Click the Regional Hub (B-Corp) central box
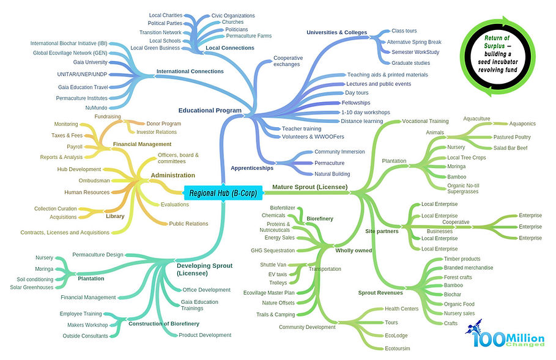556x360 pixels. pyautogui.click(x=223, y=193)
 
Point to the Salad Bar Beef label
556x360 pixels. pyautogui.click(x=510, y=148)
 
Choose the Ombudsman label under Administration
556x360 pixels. pyautogui.click(x=94, y=181)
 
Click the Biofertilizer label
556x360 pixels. pyautogui.click(x=283, y=208)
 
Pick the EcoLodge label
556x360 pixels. pyautogui.click(x=397, y=336)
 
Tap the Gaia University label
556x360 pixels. pyautogui.click(x=90, y=62)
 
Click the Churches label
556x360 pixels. pyautogui.click(x=232, y=23)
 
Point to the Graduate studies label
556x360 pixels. pyautogui.click(x=410, y=62)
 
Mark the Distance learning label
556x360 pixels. pyautogui.click(x=361, y=121)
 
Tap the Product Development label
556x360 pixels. pyautogui.click(x=205, y=335)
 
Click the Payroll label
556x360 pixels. pyautogui.click(x=75, y=147)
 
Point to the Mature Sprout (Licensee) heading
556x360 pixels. pyautogui.click(x=310, y=186)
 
